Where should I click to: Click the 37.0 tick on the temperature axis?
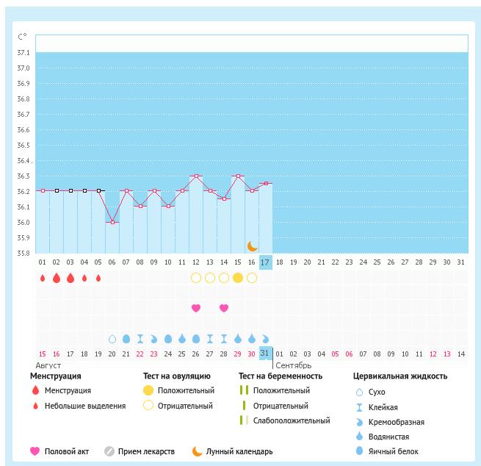point(23,68)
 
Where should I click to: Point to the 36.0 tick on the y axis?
point(23,223)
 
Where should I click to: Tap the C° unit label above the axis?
point(23,36)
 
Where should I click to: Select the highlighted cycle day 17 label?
point(266,262)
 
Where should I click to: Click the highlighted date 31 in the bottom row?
point(265,354)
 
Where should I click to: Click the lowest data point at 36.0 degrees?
point(112,222)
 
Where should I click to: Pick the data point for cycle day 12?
point(196,176)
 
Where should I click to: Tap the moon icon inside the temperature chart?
point(253,245)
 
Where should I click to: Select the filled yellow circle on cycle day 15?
point(238,278)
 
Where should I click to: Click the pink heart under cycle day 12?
point(196,308)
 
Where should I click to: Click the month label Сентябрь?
point(294,365)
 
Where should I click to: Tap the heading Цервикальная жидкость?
point(399,376)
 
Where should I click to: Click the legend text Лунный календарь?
point(239,451)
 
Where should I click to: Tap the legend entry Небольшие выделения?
point(84,406)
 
